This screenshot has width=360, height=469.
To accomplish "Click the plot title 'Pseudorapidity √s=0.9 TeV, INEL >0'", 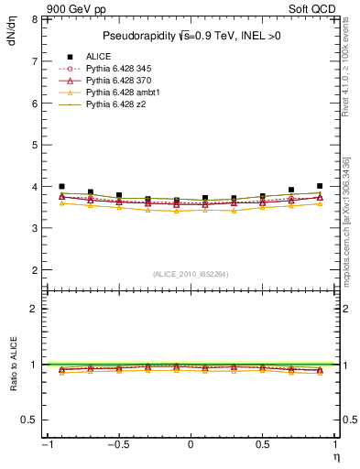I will tap(191, 36).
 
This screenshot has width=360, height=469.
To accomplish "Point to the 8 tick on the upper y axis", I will tap(33, 19).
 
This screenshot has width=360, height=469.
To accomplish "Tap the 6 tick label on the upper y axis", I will tap(33, 103).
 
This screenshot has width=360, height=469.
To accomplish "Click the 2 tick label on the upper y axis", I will tap(33, 270).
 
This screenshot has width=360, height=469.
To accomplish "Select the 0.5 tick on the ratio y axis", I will tap(28, 420).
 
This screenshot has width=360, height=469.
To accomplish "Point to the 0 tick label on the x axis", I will tap(191, 444).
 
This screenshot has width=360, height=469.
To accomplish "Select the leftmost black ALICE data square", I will tap(61, 186).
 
